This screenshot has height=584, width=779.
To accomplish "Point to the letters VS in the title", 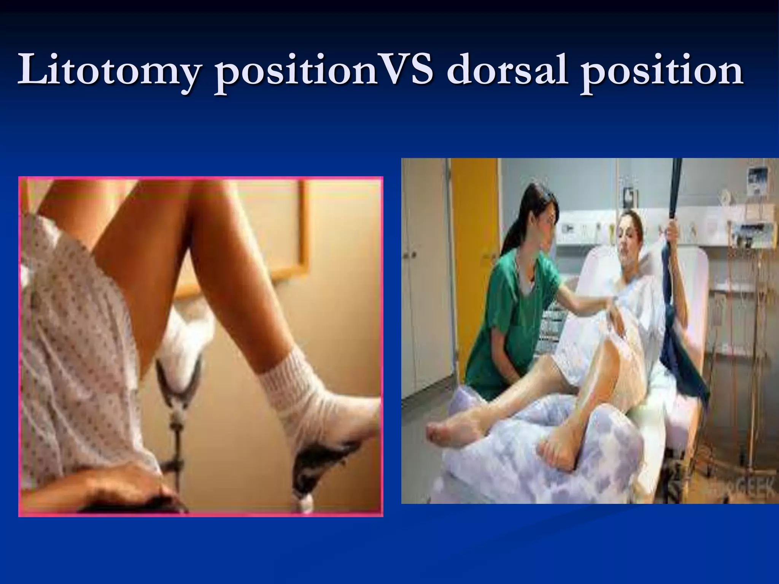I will tap(405, 70).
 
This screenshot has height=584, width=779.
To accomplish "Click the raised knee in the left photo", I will tap(152, 198).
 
